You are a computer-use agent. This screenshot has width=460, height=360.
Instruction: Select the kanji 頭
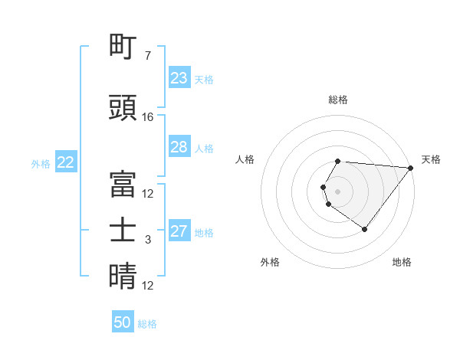123,108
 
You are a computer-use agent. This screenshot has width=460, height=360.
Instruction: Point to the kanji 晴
123,277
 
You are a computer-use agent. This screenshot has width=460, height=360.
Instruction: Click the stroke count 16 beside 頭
148,117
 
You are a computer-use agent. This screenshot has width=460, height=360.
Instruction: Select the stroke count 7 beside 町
148,56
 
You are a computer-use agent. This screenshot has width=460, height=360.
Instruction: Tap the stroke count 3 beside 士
148,240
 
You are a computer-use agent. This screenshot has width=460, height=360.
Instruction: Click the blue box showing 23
179,78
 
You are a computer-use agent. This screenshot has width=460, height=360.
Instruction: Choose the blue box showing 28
179,147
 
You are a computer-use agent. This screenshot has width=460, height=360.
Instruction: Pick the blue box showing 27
179,231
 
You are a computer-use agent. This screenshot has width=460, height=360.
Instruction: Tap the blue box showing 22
66,162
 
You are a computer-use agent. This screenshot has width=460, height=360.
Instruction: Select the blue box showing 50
123,322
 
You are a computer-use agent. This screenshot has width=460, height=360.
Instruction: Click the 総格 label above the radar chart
338,100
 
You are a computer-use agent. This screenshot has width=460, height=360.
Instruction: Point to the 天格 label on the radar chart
431,159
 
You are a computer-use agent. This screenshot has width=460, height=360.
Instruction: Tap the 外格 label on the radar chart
270,262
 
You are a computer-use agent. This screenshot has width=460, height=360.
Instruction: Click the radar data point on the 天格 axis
411,167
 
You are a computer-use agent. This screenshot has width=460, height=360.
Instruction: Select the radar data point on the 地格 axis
364,229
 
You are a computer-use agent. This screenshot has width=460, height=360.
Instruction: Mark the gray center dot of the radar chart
338,191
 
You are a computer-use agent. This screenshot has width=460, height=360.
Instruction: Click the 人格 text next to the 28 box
204,148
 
